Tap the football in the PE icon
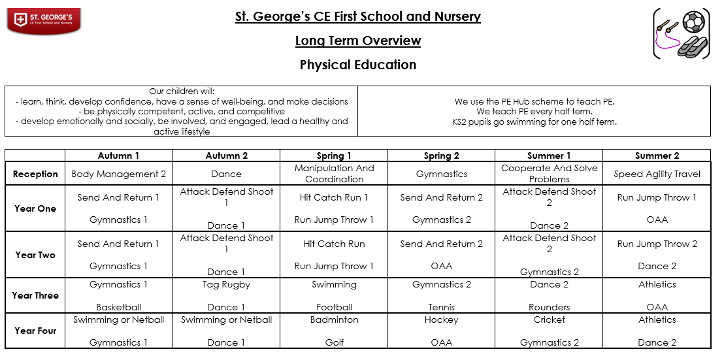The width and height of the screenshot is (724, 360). (x=693, y=22)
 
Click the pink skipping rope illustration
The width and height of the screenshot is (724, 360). (x=665, y=39)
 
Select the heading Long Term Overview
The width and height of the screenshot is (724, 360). (x=357, y=41)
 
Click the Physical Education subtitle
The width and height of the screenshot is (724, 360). (x=357, y=65)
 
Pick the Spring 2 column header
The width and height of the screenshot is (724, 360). (x=441, y=155)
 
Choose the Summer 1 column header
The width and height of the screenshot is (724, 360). (x=549, y=155)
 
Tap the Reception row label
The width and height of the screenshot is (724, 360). (x=35, y=174)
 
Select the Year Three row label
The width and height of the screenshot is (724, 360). (x=35, y=295)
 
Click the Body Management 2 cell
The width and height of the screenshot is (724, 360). (x=118, y=174)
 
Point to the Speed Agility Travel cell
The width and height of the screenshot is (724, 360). (x=657, y=174)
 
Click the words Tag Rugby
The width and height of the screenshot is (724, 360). (x=226, y=284)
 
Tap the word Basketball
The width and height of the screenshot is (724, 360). (x=118, y=307)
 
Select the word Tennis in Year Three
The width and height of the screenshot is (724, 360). (x=441, y=307)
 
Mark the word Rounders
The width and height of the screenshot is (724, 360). (x=549, y=307)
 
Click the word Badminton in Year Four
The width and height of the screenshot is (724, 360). (x=334, y=319)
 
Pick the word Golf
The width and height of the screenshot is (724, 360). (x=334, y=342)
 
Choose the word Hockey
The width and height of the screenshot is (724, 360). (x=441, y=319)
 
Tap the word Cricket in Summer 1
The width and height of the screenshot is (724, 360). (x=549, y=319)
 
